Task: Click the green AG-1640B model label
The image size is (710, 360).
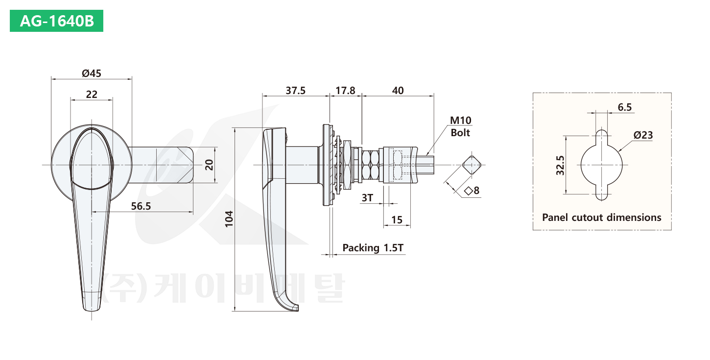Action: click(56, 21)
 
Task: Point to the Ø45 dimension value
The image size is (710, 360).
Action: click(91, 73)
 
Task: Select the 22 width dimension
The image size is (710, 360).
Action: click(92, 94)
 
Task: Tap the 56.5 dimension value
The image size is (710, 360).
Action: click(141, 206)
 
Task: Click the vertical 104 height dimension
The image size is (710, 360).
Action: click(229, 219)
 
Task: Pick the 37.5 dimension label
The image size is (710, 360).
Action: click(295, 91)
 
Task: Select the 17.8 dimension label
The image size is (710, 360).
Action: click(345, 91)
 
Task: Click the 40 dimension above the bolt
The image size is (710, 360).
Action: click(398, 91)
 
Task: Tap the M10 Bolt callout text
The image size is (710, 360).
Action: click(461, 126)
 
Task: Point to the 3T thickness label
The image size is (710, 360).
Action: click(367, 198)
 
